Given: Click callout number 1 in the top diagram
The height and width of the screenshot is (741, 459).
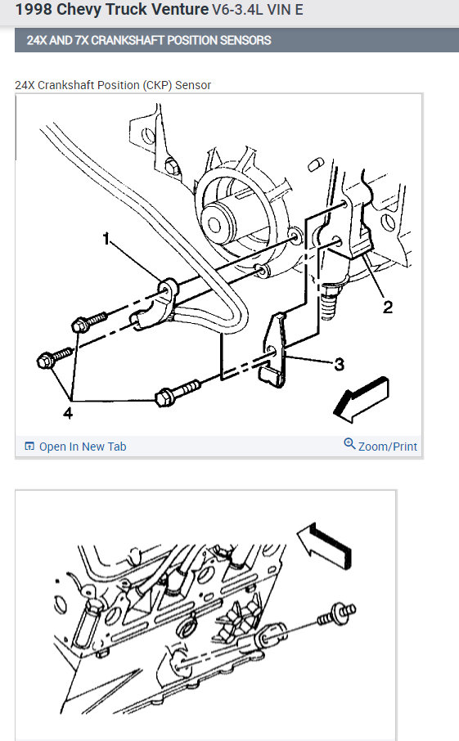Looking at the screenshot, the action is pos(106,239).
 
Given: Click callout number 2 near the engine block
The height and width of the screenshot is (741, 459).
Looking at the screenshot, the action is pos(388,308).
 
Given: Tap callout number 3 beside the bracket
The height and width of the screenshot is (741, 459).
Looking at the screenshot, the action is pos(339,364).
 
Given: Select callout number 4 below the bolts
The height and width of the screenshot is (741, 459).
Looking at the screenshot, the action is pos(68,413).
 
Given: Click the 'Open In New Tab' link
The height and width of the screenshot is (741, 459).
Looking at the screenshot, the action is pos(83,447).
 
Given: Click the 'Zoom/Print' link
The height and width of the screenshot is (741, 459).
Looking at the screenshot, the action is pos(388,447).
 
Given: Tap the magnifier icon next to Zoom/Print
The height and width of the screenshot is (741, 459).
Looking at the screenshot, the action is pos(349,444).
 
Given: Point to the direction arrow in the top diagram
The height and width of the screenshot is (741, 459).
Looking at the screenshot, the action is pos(361,399).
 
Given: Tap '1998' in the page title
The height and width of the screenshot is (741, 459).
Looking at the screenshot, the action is pos(34,10).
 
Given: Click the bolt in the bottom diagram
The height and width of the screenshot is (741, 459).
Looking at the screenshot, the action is pos(336,614).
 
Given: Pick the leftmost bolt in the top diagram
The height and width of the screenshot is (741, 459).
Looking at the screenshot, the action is pos(54,357).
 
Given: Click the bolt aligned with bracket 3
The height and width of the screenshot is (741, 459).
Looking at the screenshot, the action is pos(178,393).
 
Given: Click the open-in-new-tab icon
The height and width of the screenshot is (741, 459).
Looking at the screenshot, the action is pos(29,446).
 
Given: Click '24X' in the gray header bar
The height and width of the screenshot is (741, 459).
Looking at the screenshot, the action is pos(36,40).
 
